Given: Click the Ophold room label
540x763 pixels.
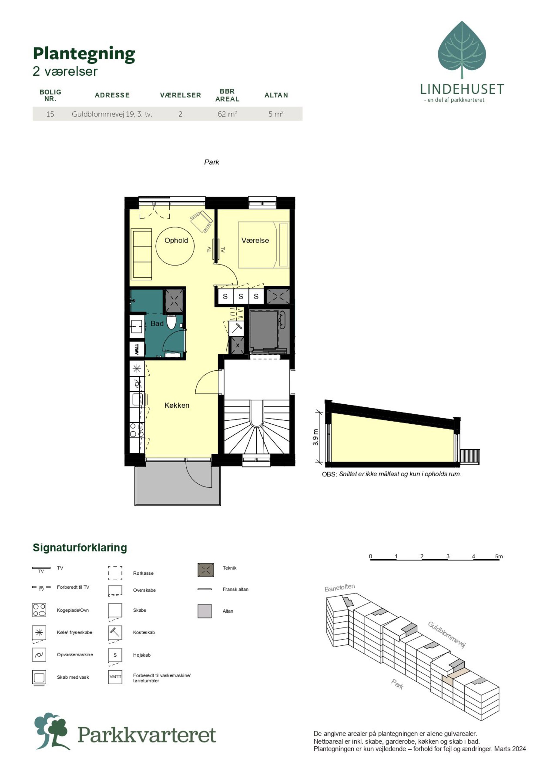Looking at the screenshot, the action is (x=176, y=240).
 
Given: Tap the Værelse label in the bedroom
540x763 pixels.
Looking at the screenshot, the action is (x=255, y=240).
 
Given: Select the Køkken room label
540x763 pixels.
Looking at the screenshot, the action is (x=177, y=405).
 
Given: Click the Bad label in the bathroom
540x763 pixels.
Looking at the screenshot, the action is (x=157, y=324).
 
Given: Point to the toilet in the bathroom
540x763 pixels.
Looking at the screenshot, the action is (x=171, y=321).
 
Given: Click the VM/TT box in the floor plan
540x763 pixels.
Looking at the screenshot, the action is (x=137, y=349).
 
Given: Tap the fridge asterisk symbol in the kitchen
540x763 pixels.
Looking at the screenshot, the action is (x=137, y=368).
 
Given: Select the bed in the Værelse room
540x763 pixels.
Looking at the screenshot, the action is (x=264, y=245).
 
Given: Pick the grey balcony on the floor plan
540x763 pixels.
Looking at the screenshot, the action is (x=177, y=483).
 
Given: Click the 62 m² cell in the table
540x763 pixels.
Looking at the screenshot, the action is (x=227, y=114).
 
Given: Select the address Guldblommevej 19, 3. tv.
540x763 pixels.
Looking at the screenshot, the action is (x=112, y=114).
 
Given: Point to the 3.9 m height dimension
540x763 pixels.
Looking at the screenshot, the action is (x=315, y=437).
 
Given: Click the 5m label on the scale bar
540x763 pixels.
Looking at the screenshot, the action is (x=499, y=556).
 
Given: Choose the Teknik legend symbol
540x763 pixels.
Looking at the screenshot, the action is (x=205, y=570).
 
